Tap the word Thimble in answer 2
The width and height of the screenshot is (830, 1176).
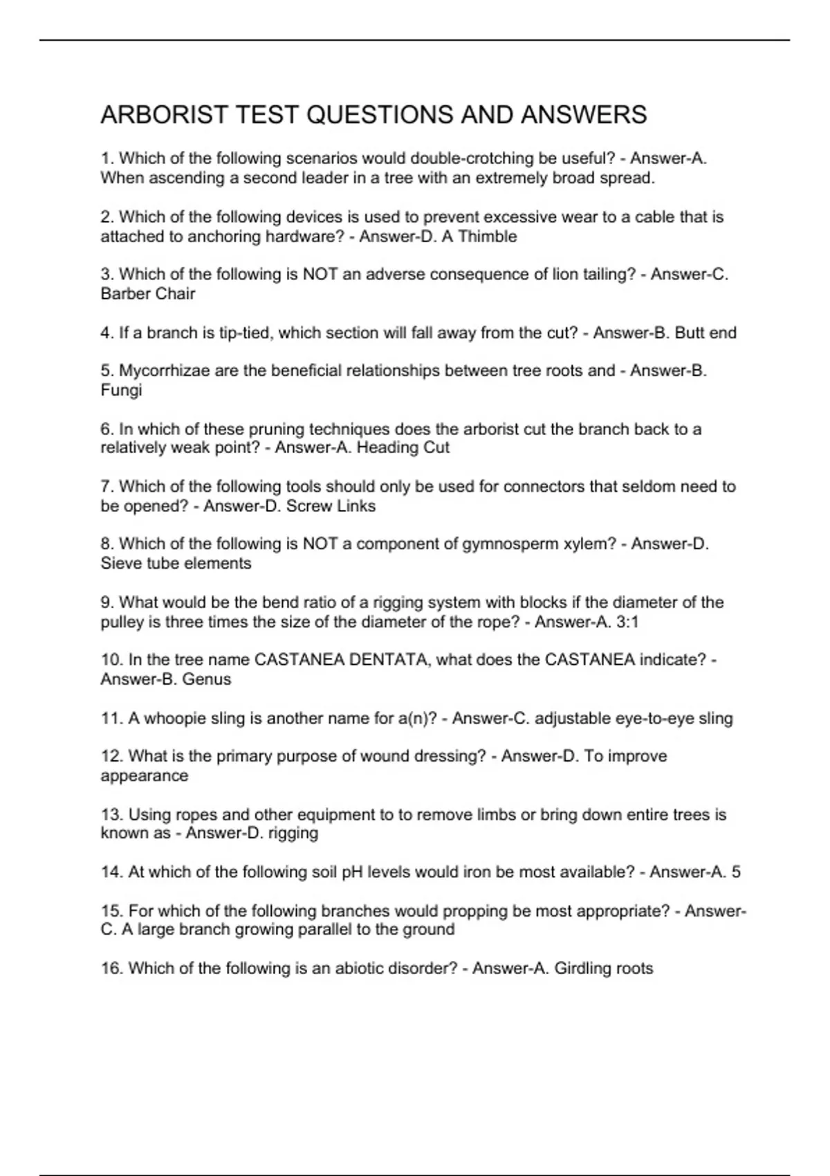coord(488,237)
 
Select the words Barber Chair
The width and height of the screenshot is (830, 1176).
coord(148,294)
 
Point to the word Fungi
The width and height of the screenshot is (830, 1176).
coord(121,390)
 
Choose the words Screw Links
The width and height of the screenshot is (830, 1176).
coord(331,506)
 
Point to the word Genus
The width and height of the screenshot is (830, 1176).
coord(206,679)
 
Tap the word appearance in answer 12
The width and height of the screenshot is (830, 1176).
coord(144,775)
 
